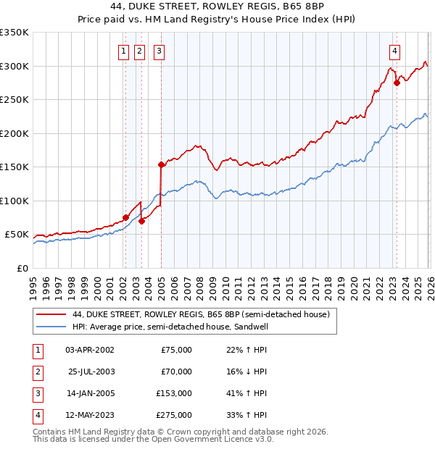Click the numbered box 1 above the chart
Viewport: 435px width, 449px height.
[125, 51]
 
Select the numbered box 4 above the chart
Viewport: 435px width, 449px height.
[394, 51]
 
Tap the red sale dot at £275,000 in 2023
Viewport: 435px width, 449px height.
[397, 83]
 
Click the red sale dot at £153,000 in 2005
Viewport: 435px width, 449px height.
[161, 165]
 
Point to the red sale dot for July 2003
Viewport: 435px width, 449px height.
[142, 221]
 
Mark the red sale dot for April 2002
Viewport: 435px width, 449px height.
[125, 217]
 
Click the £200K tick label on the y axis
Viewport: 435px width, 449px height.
[14, 133]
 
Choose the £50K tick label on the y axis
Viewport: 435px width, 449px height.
[17, 235]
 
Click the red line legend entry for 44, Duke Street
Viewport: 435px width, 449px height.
[201, 314]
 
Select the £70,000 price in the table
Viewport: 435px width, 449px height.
[175, 372]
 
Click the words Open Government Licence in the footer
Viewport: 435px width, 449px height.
[212, 439]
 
